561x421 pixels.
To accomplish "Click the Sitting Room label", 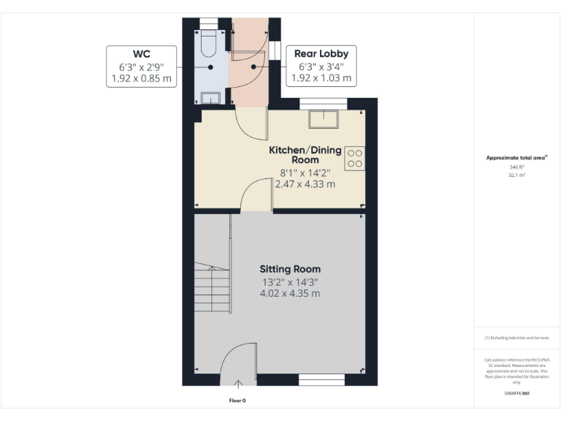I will coord(290,269).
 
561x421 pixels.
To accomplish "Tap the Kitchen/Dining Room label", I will coord(305,154).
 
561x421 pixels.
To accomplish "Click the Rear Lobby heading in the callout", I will coord(321,53).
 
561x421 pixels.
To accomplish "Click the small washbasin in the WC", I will coord(211,98).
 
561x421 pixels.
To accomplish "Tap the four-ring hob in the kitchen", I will coord(355,159).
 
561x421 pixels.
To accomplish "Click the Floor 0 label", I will coord(237,401).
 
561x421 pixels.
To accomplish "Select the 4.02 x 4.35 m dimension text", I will coord(290,294).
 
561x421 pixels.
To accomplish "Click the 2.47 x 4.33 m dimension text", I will coord(305,184).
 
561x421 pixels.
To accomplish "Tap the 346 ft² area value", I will coord(516,167).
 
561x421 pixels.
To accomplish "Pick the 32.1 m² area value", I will coord(516,175).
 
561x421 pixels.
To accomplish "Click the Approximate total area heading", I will coord(516,157).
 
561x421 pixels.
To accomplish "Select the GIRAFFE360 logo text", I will coord(516,393).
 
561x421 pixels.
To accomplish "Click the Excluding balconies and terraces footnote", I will coord(516,338).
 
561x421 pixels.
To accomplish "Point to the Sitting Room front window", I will coord(316,379).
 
